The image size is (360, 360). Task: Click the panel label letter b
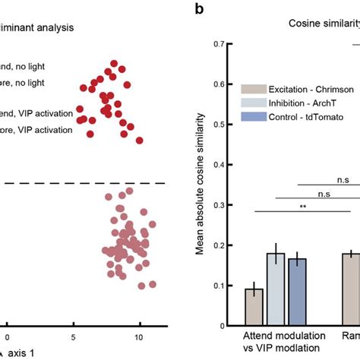coord(199,9)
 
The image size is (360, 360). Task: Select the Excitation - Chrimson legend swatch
coord(254,89)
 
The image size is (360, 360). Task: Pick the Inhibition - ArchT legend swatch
coord(254,103)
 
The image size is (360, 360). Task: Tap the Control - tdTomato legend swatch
coord(254,116)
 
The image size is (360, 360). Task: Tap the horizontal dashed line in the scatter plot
coord(84,183)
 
